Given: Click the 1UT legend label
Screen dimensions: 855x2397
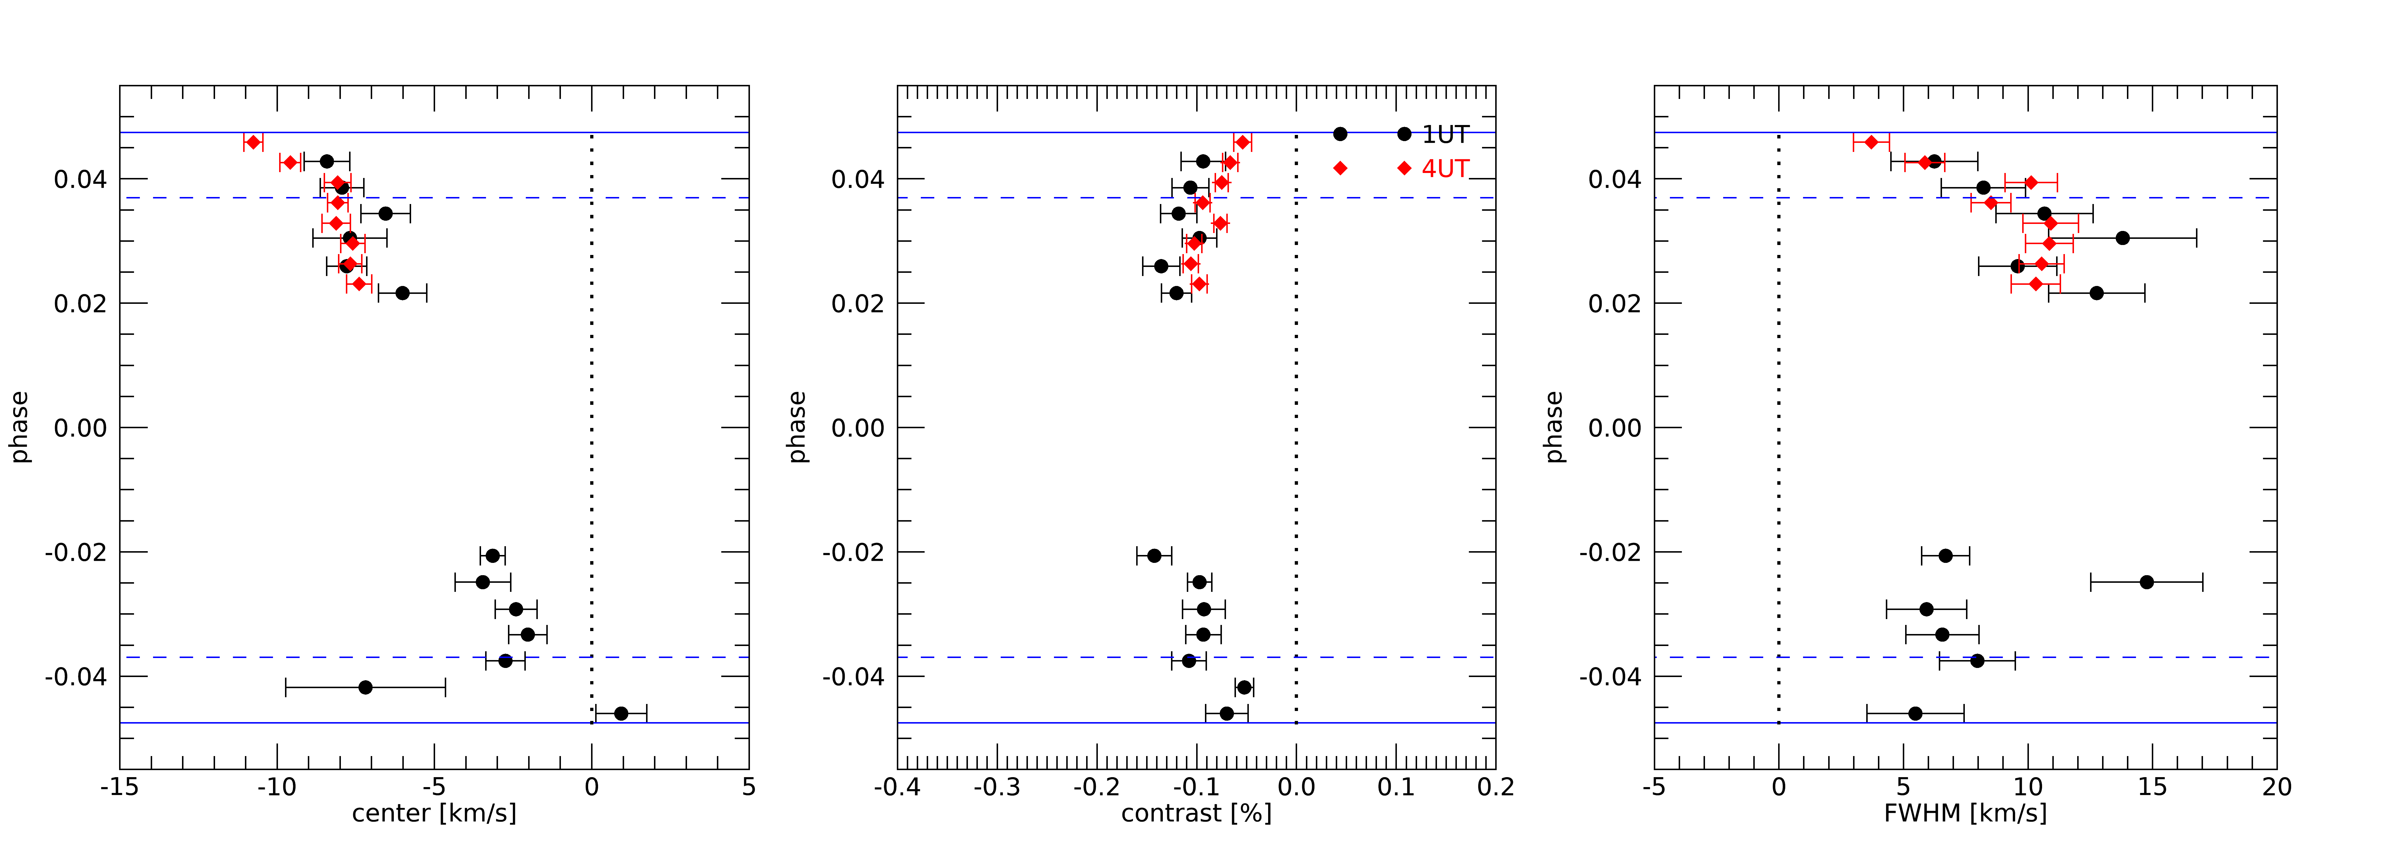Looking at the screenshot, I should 1445,135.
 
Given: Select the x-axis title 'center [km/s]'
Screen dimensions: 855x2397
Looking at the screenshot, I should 434,813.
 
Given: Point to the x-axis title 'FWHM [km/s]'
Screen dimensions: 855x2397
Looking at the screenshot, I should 1965,813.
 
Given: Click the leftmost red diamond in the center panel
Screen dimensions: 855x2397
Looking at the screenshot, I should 253,142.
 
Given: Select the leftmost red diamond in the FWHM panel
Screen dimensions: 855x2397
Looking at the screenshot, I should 1871,142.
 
